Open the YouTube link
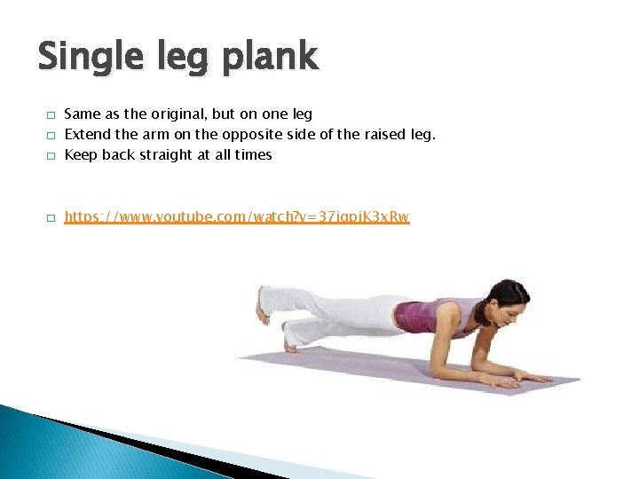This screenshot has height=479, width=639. point(237,216)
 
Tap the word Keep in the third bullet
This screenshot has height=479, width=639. point(81,154)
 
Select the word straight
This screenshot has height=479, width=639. point(168,154)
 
